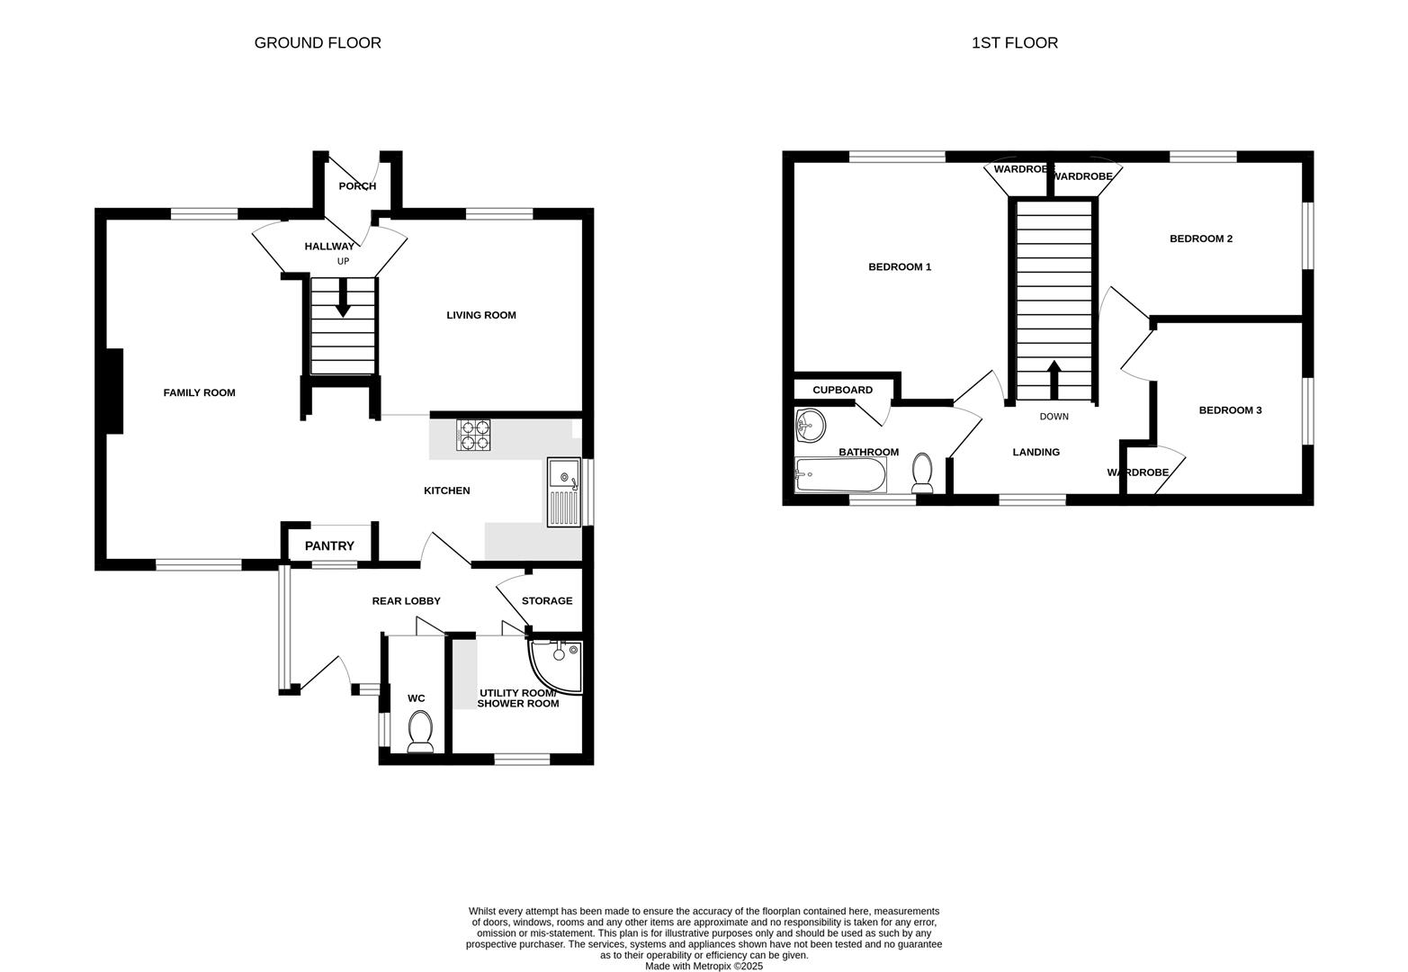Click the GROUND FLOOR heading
[318, 43]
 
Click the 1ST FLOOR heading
[1014, 43]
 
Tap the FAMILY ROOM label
[199, 392]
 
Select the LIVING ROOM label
[481, 315]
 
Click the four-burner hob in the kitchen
[473, 436]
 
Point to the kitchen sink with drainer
[563, 491]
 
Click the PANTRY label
[329, 546]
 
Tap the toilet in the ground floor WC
[420, 731]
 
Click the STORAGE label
[547, 601]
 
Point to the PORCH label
[357, 186]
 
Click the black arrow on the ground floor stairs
[343, 300]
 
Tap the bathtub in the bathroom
[840, 474]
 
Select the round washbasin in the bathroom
[811, 425]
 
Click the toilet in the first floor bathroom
[922, 472]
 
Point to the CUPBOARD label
[842, 390]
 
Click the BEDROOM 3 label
[1230, 410]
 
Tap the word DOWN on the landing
[1054, 417]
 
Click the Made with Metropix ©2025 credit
[704, 966]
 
